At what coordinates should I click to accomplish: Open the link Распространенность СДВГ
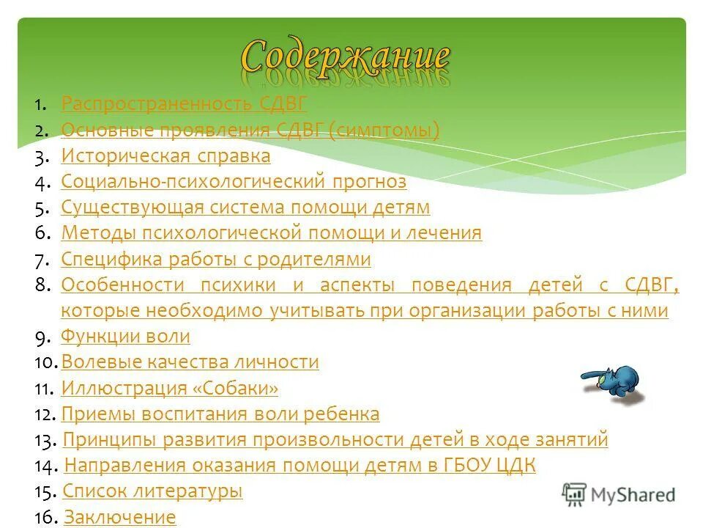[x=184, y=104]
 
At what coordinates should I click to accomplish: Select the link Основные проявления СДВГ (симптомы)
[x=250, y=131]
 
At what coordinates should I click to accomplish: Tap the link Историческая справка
[x=165, y=156]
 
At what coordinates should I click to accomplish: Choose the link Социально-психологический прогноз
[x=234, y=182]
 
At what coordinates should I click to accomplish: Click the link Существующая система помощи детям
[x=245, y=208]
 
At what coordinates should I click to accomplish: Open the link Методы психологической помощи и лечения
[x=272, y=233]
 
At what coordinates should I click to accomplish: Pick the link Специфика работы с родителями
[x=216, y=260]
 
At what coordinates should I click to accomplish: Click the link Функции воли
[x=125, y=337]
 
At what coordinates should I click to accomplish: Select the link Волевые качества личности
[x=190, y=362]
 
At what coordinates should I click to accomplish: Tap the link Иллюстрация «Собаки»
[x=170, y=388]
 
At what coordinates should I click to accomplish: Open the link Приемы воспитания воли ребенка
[x=220, y=414]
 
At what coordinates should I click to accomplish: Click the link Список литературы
[x=152, y=491]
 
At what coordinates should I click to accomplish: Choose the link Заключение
[x=120, y=518]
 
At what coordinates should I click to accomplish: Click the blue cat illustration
[x=614, y=384]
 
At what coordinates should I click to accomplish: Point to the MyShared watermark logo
[x=619, y=494]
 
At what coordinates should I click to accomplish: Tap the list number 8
[x=42, y=285]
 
